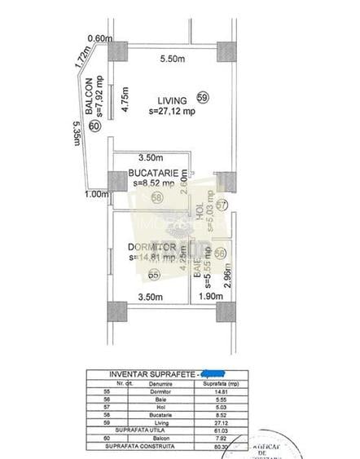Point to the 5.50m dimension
point(174,59)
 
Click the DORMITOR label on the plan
point(153,246)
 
